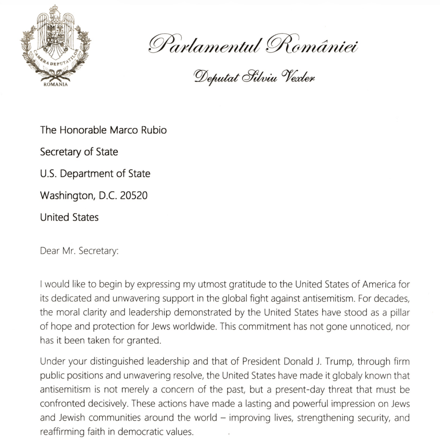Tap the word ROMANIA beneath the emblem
tap(55, 84)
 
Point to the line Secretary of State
tap(79, 152)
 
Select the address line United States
tap(69, 217)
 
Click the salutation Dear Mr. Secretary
tap(79, 251)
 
